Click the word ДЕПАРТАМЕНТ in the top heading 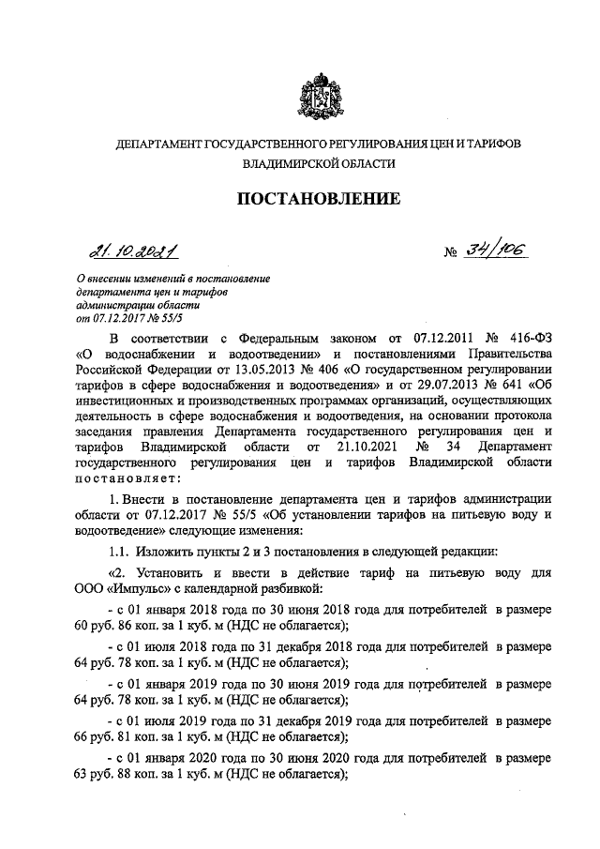(157, 144)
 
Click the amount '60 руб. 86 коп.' (108, 625)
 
